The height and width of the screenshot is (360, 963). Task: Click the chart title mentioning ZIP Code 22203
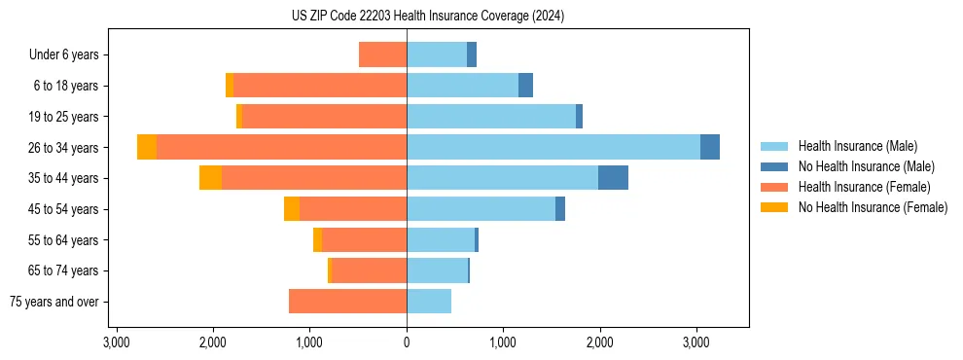[x=427, y=17]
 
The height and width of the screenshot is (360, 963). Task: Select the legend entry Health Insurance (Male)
[x=852, y=146]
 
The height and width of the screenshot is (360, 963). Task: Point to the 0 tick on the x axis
[x=407, y=343]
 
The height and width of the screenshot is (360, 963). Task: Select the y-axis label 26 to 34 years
[x=65, y=148]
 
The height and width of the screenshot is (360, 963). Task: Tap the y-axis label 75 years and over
[x=54, y=302]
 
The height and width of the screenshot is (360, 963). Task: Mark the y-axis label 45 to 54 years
[x=65, y=209]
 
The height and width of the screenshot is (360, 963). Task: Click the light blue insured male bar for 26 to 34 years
[x=553, y=147]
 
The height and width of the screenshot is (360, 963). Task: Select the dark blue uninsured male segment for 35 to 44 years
[x=613, y=178]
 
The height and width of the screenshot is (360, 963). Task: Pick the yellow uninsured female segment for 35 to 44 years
[x=210, y=178]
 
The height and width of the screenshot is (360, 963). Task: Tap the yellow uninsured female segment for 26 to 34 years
[x=147, y=147]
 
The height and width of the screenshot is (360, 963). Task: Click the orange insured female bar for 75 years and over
[x=347, y=302]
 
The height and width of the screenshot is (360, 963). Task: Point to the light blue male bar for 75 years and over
[x=429, y=302]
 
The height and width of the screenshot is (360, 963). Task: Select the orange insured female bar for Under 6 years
[x=382, y=54]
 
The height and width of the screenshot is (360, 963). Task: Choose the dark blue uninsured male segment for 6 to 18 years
[x=525, y=86]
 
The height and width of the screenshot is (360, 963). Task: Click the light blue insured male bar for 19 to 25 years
[x=491, y=117]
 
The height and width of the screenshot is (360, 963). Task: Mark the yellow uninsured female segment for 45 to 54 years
[x=292, y=209]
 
